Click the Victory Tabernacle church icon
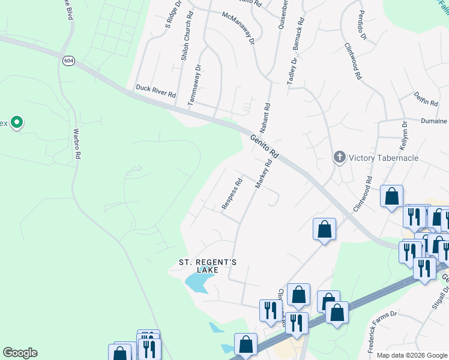tap(340, 158)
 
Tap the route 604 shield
tap(68, 61)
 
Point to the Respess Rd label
tap(231, 193)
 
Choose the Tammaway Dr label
tap(194, 86)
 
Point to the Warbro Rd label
tap(76, 144)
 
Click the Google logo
tap(20, 353)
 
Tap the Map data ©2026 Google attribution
tap(411, 355)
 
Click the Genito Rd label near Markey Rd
tap(265, 146)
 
